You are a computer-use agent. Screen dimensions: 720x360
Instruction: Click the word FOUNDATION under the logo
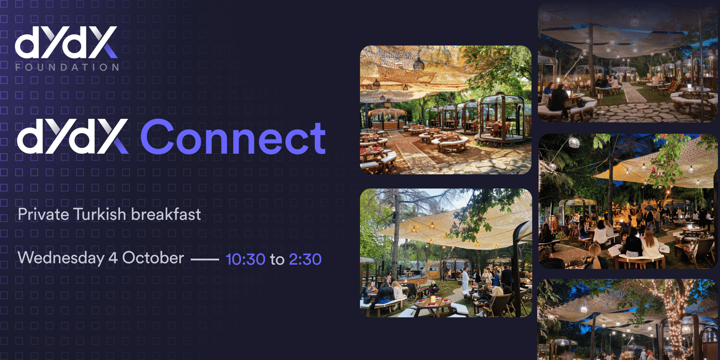67,67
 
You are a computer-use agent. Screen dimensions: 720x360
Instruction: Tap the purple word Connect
233,138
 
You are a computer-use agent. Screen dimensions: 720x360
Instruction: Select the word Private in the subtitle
43,214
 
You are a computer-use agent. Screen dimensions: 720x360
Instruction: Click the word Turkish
99,214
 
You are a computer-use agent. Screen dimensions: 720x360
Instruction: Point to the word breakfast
166,214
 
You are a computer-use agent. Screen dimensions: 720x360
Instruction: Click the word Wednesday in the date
61,258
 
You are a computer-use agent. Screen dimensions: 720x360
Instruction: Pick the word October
153,258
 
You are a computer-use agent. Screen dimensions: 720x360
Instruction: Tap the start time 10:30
245,259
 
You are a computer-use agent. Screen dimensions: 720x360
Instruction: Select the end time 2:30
305,259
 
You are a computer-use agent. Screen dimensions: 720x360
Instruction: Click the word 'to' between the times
277,260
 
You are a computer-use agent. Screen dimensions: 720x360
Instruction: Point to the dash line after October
205,259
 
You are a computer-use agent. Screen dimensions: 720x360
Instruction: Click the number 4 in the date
113,258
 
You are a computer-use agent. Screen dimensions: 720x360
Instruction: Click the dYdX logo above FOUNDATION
66,42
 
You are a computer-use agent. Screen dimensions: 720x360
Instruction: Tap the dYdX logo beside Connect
73,136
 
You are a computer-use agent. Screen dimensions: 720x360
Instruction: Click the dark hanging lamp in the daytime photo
418,64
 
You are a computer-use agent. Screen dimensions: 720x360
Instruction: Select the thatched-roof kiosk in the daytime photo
387,119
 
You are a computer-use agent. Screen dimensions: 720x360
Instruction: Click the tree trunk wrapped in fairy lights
674,322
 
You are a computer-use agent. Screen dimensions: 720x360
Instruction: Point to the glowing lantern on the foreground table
433,299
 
